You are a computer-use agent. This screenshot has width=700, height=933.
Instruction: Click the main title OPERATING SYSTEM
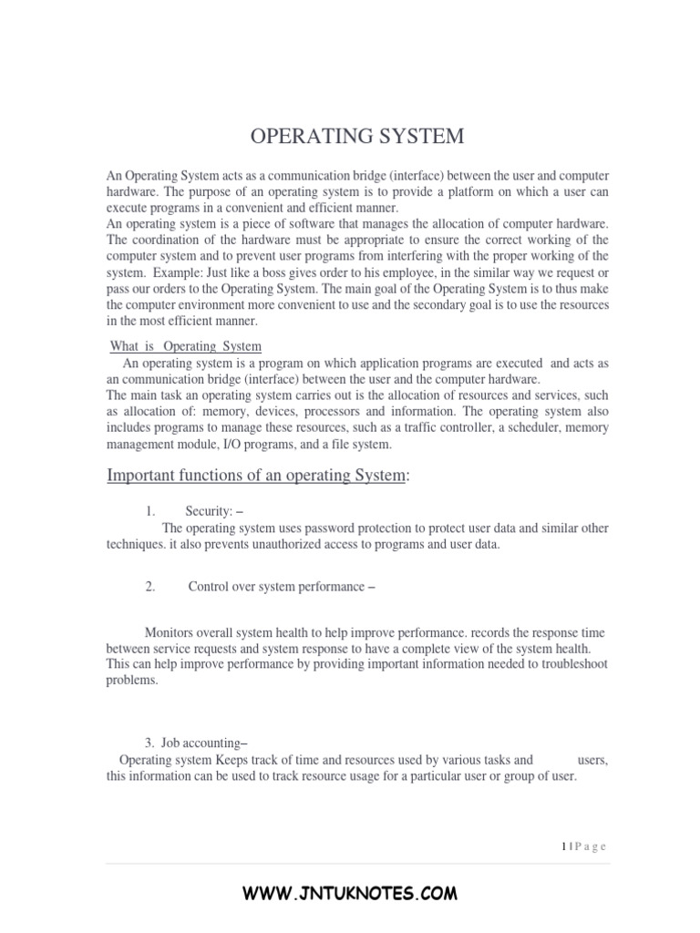coord(357,137)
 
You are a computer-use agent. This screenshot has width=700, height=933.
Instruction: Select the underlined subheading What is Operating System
coord(185,346)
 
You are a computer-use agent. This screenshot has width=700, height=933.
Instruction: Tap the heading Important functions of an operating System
coord(258,477)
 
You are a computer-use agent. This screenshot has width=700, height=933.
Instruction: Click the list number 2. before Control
coord(150,587)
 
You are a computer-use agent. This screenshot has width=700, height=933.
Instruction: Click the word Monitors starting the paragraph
coord(170,632)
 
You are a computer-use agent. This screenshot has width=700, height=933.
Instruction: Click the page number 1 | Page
coord(583,846)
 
